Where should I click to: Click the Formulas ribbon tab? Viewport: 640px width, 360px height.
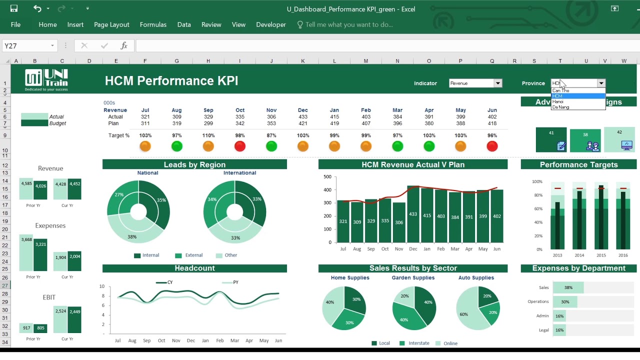click(x=153, y=24)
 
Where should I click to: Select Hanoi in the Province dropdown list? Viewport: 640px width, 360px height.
click(x=558, y=101)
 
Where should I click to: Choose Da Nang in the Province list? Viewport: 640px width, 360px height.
click(x=560, y=107)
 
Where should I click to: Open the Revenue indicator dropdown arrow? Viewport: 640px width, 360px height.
click(x=497, y=83)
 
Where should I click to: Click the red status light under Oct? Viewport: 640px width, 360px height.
click(x=240, y=146)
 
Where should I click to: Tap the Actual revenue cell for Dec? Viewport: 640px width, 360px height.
click(x=303, y=116)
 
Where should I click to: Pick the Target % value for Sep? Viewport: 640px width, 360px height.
click(x=208, y=135)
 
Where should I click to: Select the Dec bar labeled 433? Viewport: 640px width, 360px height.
click(x=413, y=214)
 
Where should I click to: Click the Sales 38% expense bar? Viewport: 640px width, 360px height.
click(x=568, y=287)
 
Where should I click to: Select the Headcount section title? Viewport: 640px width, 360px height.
click(x=194, y=268)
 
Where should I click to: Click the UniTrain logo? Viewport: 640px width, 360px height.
click(x=46, y=80)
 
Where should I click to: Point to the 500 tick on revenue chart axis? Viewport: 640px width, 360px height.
click(x=327, y=176)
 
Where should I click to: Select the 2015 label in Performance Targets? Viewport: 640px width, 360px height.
click(x=601, y=255)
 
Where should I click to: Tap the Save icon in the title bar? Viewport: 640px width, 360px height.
click(x=14, y=8)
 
